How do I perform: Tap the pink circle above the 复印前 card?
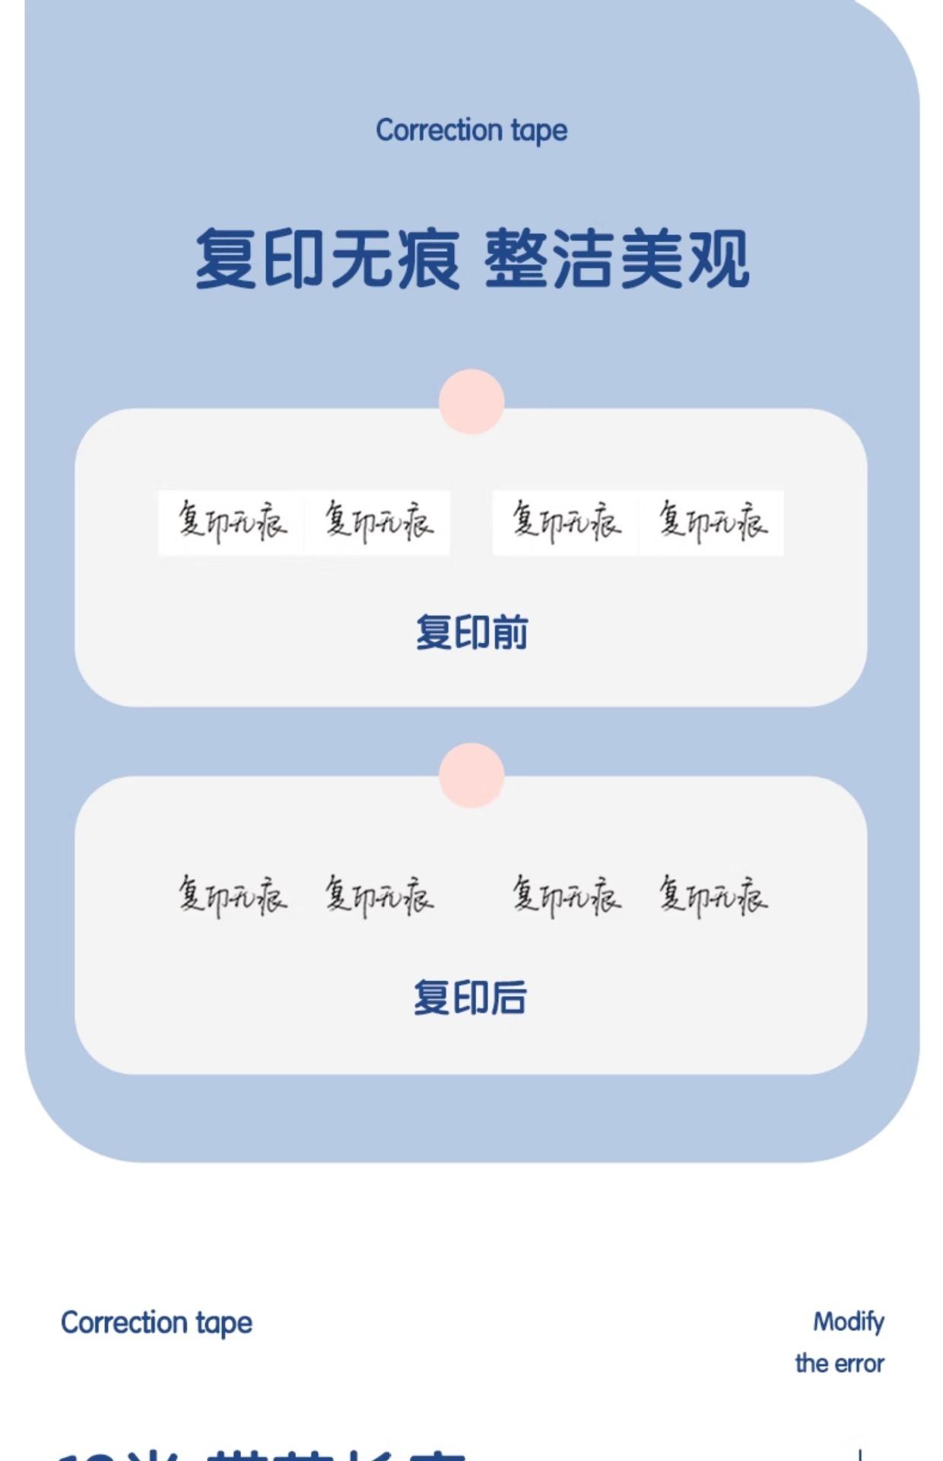pyautogui.click(x=471, y=402)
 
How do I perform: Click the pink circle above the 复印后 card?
pyautogui.click(x=471, y=775)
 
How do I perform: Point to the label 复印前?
pyautogui.click(x=471, y=632)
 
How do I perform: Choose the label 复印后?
pyautogui.click(x=470, y=998)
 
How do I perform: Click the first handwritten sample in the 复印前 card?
pyautogui.click(x=233, y=522)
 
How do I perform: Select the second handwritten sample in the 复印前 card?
pyautogui.click(x=379, y=522)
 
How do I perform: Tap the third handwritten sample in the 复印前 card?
pyautogui.click(x=566, y=522)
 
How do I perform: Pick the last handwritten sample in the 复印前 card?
pyautogui.click(x=713, y=522)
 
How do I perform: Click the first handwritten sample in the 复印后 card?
pyautogui.click(x=233, y=895)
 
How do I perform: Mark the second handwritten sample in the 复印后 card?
pyautogui.click(x=379, y=895)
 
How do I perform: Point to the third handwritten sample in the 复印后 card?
pyautogui.click(x=566, y=895)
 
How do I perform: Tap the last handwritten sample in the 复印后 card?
pyautogui.click(x=713, y=895)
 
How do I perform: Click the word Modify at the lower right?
pyautogui.click(x=849, y=1323)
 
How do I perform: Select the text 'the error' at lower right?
pyautogui.click(x=840, y=1364)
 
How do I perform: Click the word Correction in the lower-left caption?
pyautogui.click(x=124, y=1323)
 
